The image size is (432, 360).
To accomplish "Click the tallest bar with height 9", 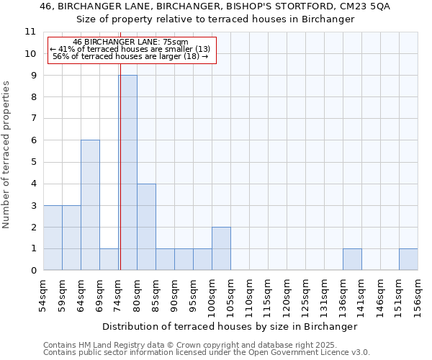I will (128, 173).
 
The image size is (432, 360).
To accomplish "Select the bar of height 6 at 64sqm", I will (90, 205).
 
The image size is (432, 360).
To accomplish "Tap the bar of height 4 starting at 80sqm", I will (146, 227).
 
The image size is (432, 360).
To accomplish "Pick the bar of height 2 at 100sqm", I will (221, 248).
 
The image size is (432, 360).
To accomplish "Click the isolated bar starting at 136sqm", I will (352, 259).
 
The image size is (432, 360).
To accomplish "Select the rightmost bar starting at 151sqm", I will (408, 259).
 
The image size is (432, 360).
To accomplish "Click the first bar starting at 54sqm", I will (53, 238).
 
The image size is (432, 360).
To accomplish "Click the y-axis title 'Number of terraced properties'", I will (6, 155).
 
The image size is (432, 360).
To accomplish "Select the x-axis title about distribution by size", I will (230, 326).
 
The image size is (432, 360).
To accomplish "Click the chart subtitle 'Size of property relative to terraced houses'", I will (216, 19).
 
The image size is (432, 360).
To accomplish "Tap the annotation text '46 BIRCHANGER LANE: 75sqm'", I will (131, 42).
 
